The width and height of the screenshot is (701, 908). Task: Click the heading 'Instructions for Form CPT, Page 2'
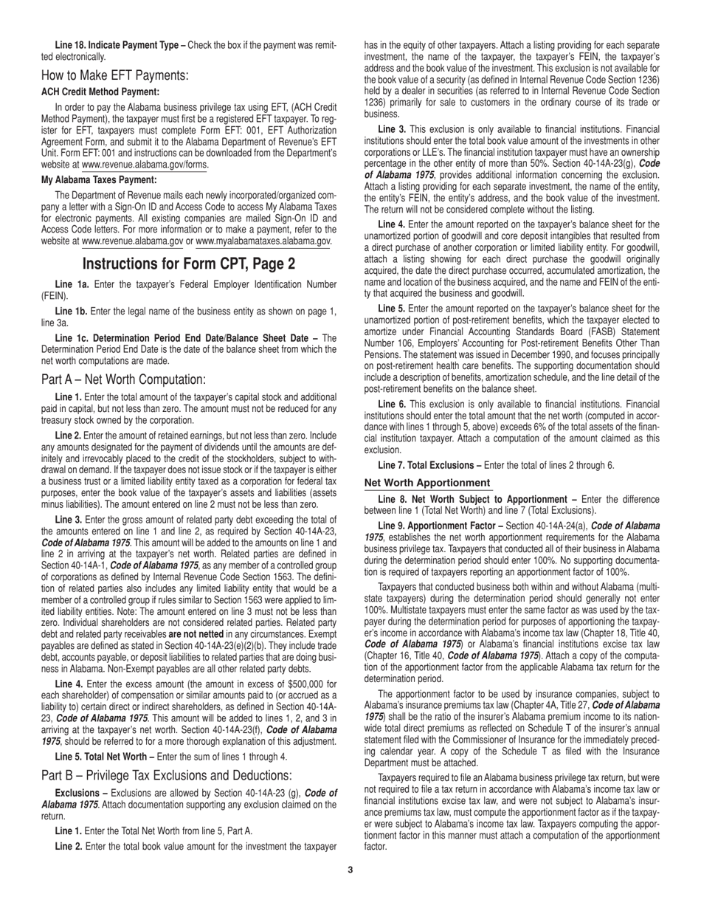pos(189,264)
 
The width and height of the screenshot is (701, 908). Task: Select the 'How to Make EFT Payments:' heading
pos(115,75)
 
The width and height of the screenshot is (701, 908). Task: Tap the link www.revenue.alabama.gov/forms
pos(145,165)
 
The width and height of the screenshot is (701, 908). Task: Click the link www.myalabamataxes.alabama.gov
pos(263,241)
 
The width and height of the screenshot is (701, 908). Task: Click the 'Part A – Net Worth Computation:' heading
pos(123,379)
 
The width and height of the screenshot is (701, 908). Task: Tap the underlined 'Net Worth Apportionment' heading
pos(428,483)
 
